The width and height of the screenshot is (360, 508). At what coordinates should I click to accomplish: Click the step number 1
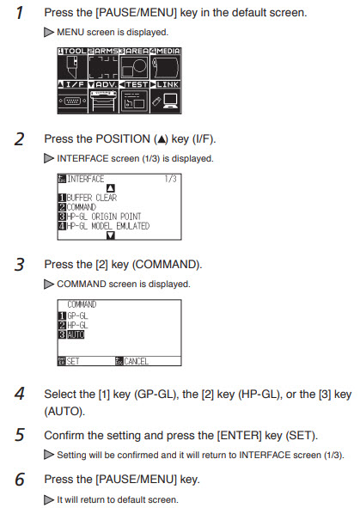20,13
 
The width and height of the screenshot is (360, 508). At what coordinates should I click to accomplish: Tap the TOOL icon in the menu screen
72,67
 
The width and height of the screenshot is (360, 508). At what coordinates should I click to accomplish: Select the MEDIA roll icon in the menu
166,67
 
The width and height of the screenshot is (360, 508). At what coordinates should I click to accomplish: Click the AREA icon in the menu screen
134,67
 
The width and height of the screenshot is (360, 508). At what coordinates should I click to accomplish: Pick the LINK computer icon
166,101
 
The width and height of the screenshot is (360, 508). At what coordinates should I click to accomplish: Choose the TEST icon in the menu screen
134,101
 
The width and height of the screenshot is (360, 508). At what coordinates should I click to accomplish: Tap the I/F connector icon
72,101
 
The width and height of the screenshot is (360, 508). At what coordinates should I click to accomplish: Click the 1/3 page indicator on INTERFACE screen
170,179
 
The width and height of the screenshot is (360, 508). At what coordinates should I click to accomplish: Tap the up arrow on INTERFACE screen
111,188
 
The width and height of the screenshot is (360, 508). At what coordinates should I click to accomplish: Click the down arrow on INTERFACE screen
111,236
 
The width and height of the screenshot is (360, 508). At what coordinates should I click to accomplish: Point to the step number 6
20,480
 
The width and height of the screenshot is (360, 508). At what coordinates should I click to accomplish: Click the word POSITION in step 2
123,139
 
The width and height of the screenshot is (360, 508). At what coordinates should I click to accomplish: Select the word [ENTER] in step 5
239,436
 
